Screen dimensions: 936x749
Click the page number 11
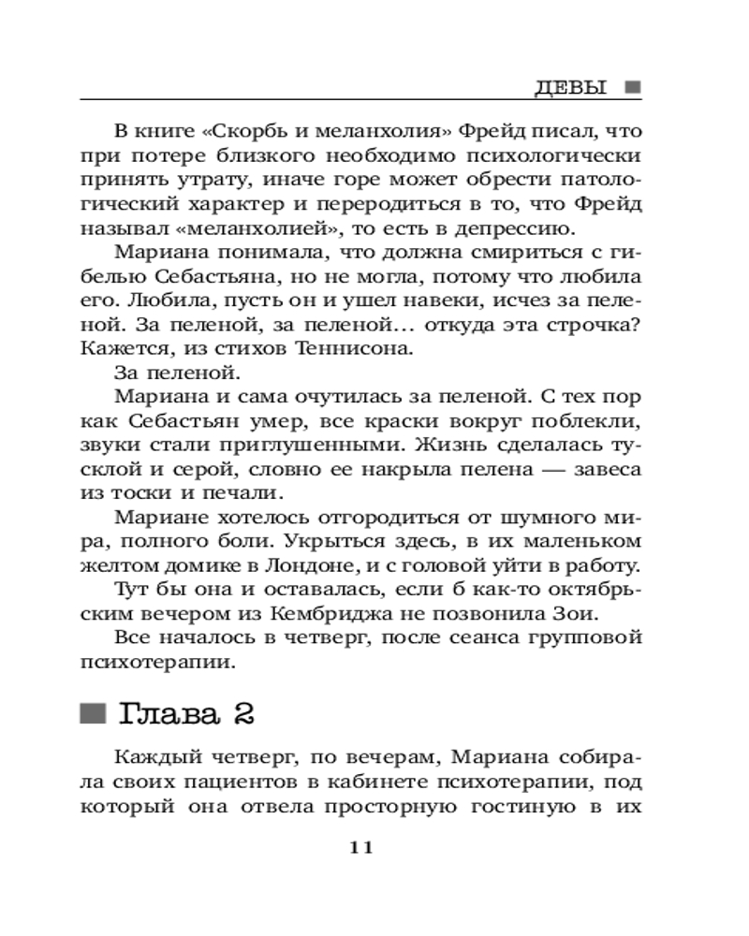360,847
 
